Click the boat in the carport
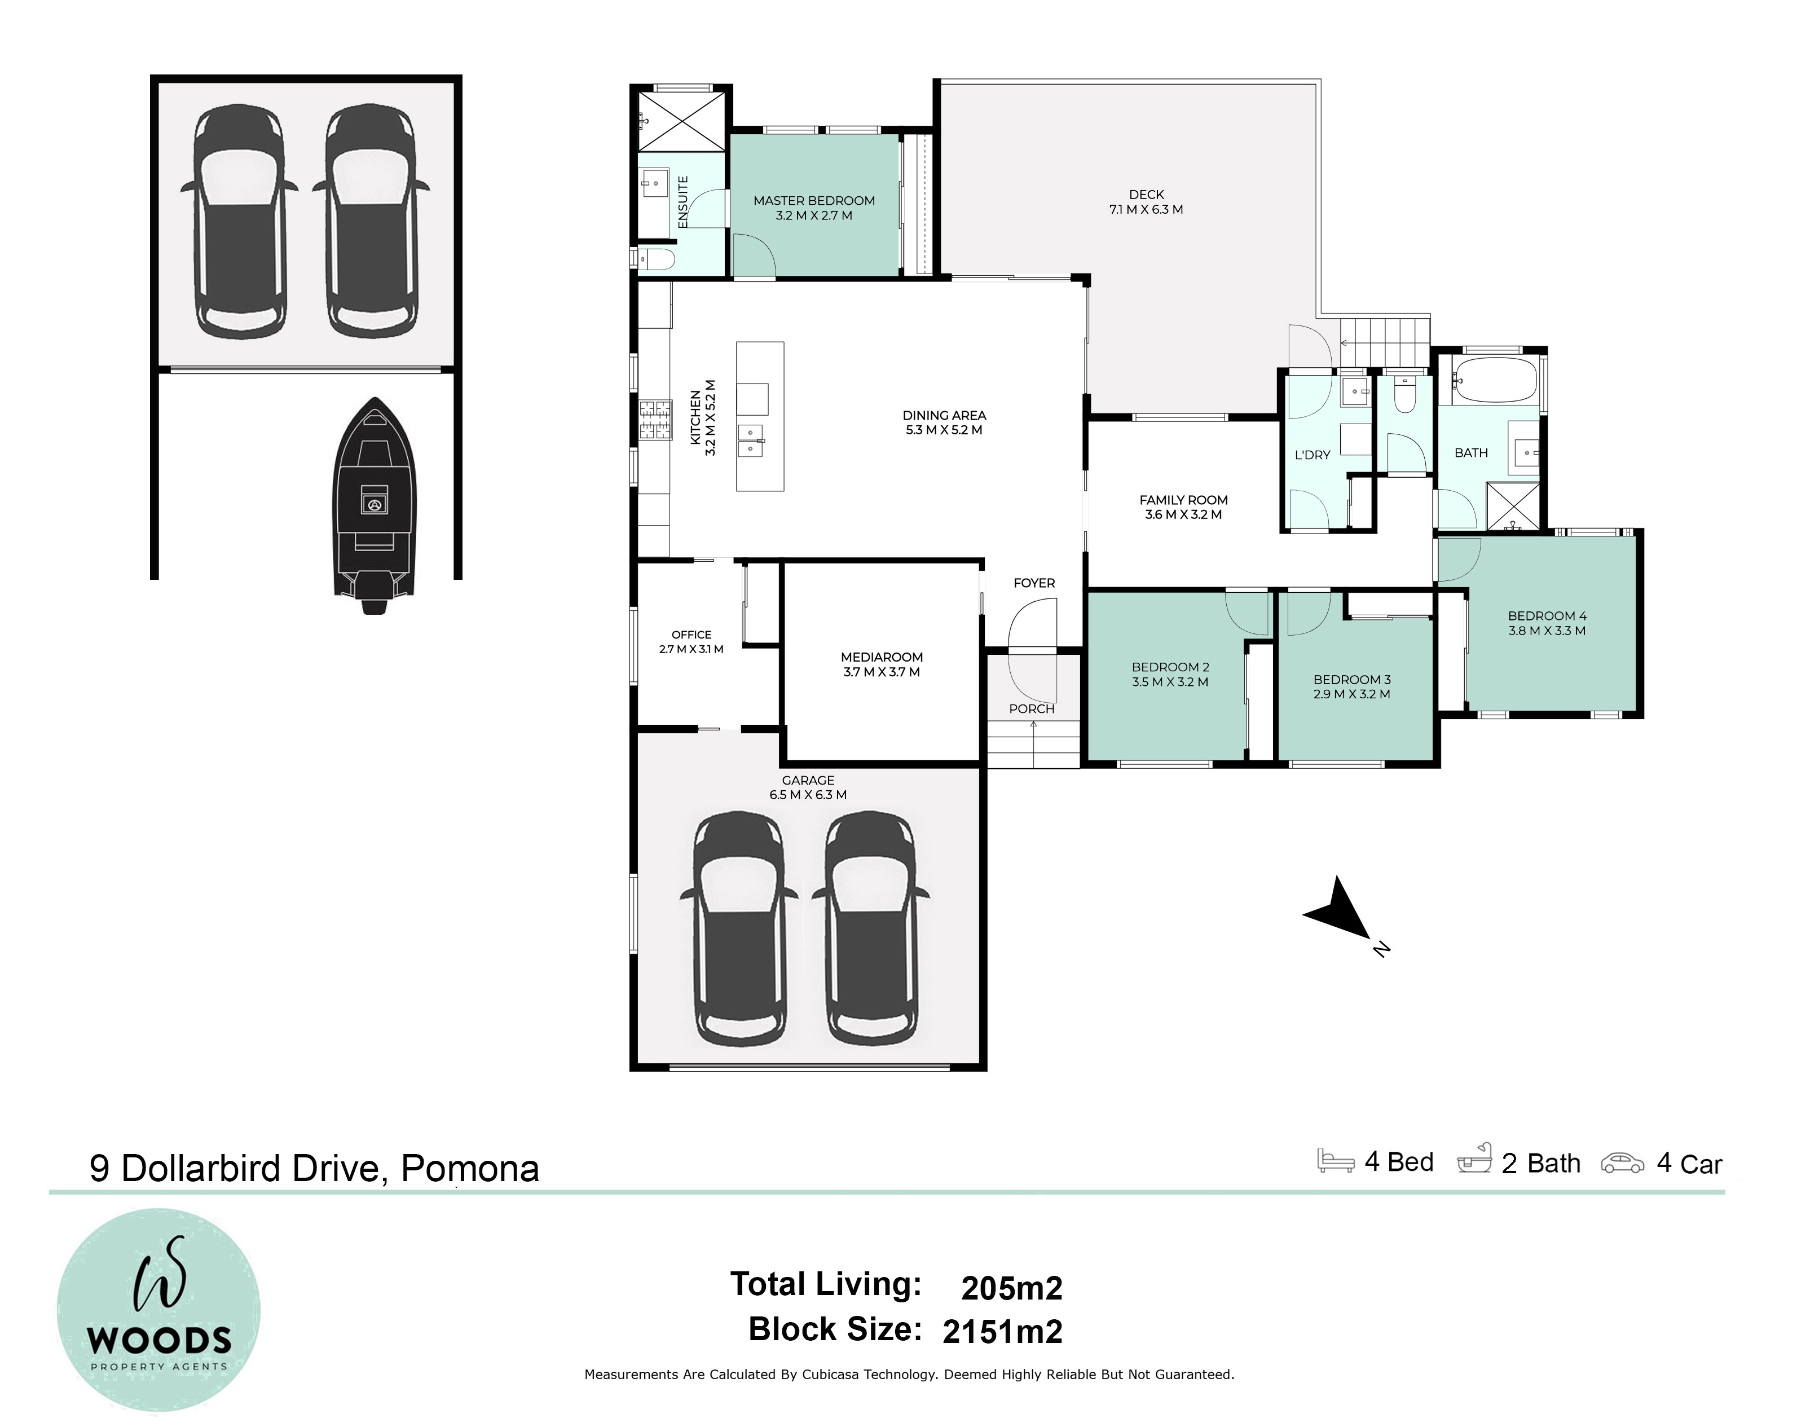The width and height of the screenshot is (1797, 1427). [x=375, y=506]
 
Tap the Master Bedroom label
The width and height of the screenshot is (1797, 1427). [x=814, y=201]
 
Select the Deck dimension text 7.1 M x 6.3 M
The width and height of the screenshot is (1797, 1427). [x=1146, y=210]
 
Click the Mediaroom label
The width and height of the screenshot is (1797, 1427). [x=882, y=658]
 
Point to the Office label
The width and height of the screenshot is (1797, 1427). [x=692, y=635]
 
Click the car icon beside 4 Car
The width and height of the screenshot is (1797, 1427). [x=1622, y=1164]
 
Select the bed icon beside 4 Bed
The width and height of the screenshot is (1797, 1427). [x=1335, y=1161]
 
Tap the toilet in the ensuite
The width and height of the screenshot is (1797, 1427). [x=655, y=259]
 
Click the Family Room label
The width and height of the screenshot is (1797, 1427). [x=1183, y=501]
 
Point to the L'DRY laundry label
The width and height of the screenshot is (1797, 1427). [x=1312, y=455]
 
